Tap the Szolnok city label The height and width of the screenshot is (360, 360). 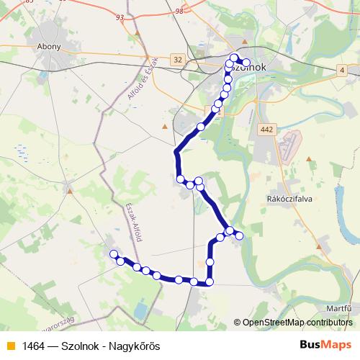tap(248, 67)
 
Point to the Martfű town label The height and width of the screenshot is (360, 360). tap(338, 307)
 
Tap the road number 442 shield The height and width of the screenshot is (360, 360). tap(266, 129)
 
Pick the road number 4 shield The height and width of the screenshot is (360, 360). tap(342, 70)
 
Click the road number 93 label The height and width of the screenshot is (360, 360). tap(120, 17)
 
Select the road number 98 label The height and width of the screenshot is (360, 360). tap(179, 11)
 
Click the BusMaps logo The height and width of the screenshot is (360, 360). tap(325, 345)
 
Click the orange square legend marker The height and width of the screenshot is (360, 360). tap(10, 346)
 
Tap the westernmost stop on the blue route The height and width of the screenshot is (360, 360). tap(113, 253)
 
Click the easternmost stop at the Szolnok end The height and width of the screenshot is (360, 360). tap(247, 63)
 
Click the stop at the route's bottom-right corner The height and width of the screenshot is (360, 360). tap(210, 282)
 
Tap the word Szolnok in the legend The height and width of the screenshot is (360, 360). tap(81, 346)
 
